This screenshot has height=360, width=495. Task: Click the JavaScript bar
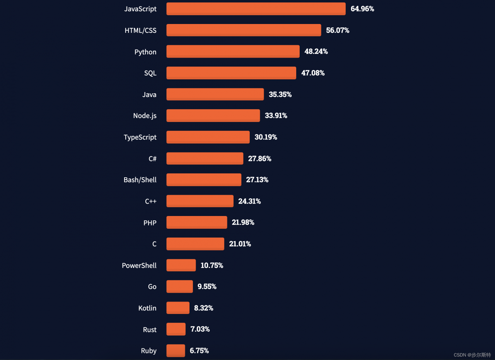point(256,9)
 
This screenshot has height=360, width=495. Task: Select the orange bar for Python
point(233,51)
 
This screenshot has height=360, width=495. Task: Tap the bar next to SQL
point(231,73)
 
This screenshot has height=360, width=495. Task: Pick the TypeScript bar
point(208,137)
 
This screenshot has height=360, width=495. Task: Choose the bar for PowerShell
point(181,265)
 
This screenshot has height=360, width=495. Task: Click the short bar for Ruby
point(176,350)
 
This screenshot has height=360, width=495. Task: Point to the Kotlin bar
point(178,308)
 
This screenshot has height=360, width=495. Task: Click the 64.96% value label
point(362,9)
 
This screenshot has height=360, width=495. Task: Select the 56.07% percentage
point(338,30)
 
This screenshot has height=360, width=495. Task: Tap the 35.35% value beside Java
point(280,94)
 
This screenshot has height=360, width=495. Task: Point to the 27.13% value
point(257,180)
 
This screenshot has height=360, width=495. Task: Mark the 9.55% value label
point(207,286)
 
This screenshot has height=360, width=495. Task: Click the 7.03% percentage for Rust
point(200,329)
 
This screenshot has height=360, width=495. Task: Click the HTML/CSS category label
point(140,30)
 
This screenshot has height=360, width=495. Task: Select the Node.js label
point(145,116)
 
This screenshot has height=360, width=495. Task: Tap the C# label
point(152,158)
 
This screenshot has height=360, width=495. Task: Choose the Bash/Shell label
point(140,180)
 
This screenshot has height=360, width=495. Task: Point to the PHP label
point(150,223)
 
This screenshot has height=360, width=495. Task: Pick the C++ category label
point(150,201)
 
